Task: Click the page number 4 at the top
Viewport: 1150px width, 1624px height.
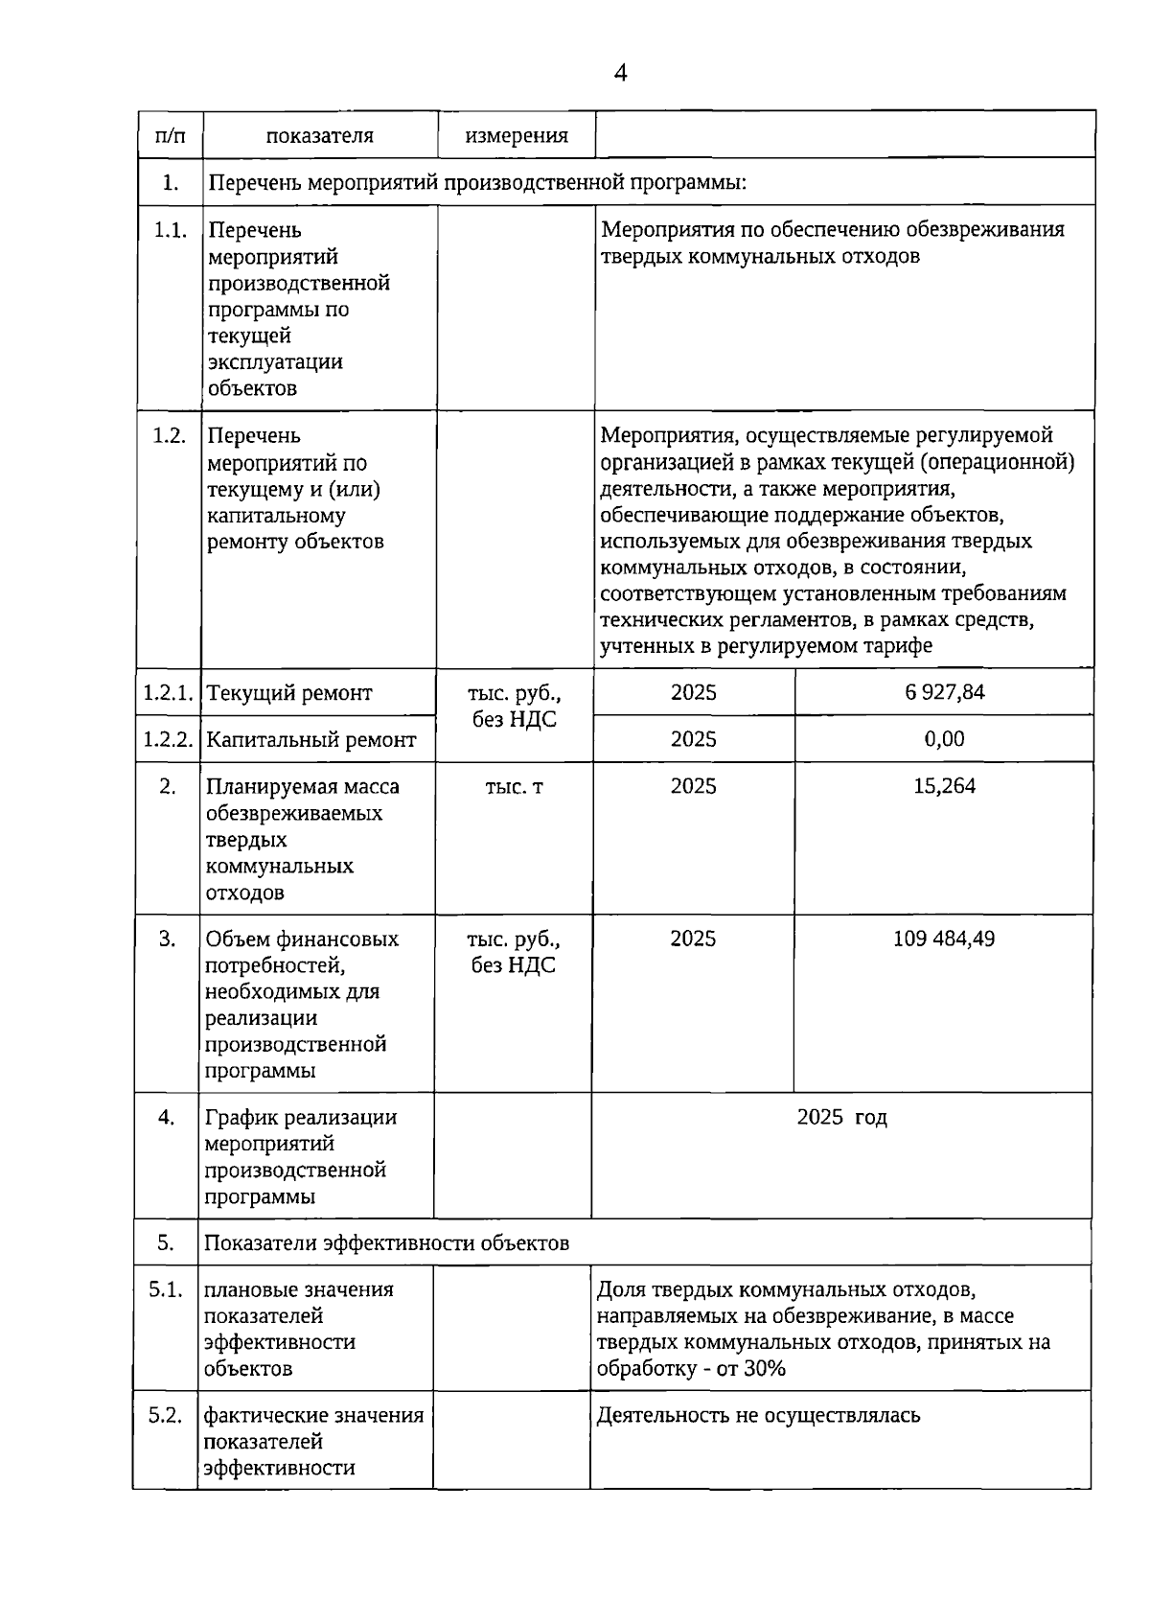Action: coord(620,73)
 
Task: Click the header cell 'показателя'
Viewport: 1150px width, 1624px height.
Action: coord(320,135)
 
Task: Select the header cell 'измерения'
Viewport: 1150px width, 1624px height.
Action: coord(517,135)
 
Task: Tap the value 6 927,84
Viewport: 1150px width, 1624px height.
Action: coord(944,692)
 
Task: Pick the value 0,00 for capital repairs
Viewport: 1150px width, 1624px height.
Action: coord(944,739)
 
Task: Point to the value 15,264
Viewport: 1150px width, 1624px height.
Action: coord(944,786)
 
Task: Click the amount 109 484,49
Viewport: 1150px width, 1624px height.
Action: coord(943,939)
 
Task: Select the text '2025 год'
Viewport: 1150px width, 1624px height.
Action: coord(841,1117)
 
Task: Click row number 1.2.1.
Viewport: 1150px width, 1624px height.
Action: coord(169,692)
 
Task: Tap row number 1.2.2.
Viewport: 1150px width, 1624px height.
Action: coord(169,739)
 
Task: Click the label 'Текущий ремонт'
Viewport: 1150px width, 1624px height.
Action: coord(289,693)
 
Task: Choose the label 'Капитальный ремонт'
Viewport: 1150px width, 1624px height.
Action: coord(311,740)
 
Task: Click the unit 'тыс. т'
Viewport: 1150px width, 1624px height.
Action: coord(515,787)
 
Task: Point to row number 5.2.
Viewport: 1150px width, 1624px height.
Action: coord(165,1415)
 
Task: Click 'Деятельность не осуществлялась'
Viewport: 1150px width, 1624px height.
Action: coord(758,1416)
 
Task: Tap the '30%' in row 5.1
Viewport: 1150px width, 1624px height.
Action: coord(765,1369)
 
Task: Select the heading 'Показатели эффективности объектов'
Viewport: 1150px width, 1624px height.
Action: coord(387,1243)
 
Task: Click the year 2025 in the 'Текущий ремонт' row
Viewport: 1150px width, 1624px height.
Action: coord(693,692)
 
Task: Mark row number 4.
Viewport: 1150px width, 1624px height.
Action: coord(167,1117)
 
